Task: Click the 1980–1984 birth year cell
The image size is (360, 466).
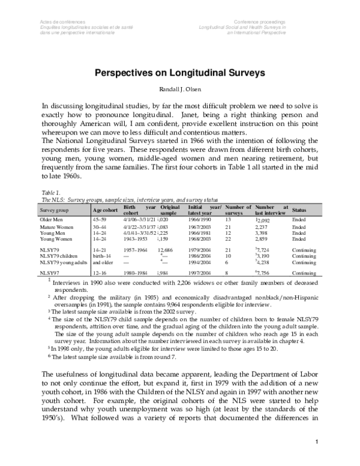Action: pos(136,272)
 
